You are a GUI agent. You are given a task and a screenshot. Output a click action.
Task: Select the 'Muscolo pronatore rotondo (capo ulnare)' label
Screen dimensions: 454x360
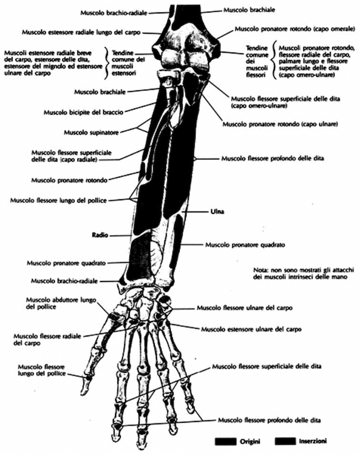(x=275, y=124)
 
